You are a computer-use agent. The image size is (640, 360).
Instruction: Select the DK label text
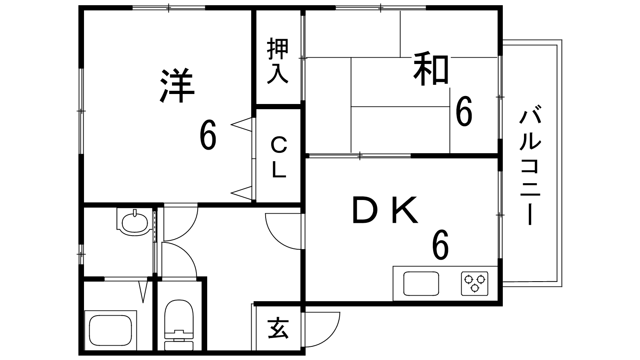click(x=385, y=210)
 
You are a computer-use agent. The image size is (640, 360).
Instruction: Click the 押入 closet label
click(x=278, y=61)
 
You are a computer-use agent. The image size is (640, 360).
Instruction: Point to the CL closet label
click(x=278, y=157)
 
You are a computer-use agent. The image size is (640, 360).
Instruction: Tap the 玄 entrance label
click(x=278, y=328)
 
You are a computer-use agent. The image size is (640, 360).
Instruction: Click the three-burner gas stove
click(x=475, y=282)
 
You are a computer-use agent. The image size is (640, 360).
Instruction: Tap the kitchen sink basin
click(x=421, y=283)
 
